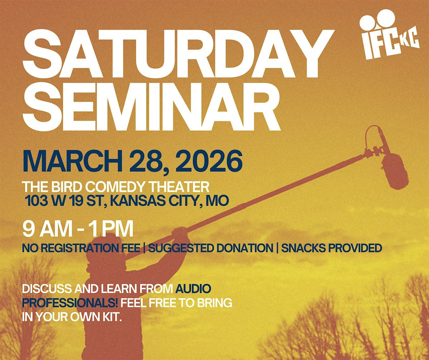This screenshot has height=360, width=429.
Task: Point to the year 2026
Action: [209, 161]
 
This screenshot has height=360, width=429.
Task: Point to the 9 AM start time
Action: [47, 229]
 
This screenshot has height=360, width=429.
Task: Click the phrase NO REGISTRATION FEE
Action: [81, 248]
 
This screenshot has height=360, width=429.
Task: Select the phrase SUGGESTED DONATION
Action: [211, 248]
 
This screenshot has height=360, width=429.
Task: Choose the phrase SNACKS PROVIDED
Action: [331, 248]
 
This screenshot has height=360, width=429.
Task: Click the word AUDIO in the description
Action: [193, 289]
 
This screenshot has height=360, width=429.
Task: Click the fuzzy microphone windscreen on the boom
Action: [394, 171]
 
